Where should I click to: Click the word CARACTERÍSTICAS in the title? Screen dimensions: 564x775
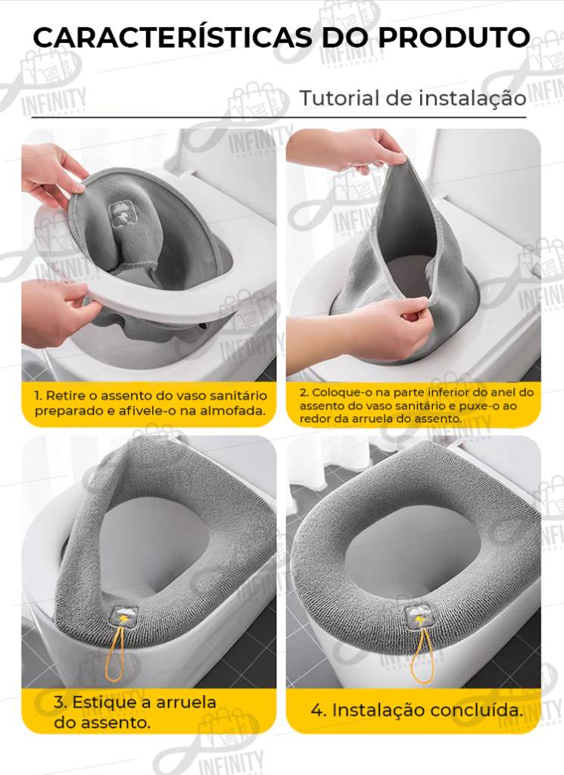coord(173,38)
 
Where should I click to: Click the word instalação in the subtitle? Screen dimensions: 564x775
coord(472,98)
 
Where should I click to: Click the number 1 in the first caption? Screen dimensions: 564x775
coord(37,396)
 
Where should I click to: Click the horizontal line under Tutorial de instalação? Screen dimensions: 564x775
coord(279,117)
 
